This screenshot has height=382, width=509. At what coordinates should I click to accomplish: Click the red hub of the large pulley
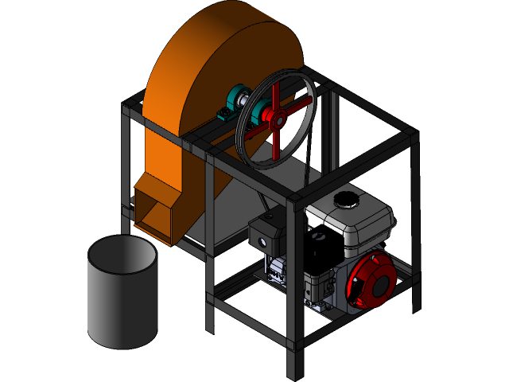(276, 120)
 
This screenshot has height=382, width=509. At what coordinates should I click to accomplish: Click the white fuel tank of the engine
(358, 219)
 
